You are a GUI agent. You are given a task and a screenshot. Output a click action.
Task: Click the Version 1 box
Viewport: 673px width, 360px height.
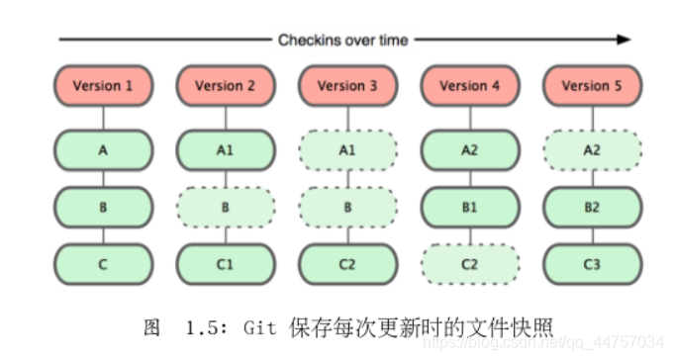103,86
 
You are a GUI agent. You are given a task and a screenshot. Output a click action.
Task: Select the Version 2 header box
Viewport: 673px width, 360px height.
225,86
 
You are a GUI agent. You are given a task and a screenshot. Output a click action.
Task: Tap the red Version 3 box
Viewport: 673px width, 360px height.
347,86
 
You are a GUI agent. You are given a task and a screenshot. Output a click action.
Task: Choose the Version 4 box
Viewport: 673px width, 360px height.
470,86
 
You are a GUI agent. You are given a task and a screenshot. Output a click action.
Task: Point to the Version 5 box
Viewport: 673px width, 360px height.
592,86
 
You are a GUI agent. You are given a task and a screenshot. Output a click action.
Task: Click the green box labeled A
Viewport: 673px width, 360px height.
103,150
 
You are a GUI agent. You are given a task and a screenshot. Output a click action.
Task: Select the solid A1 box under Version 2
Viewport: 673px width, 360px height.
225,150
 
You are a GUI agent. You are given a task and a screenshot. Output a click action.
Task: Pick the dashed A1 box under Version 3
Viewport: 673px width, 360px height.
347,150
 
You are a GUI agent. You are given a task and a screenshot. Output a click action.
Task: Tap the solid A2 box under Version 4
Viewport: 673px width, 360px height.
470,150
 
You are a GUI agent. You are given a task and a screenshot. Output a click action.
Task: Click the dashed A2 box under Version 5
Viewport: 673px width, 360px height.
592,150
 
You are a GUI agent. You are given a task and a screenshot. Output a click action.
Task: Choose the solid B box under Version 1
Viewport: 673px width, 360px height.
103,208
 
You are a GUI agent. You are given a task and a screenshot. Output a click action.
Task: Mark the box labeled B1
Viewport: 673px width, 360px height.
470,208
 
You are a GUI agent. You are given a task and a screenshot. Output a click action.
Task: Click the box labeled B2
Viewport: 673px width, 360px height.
592,208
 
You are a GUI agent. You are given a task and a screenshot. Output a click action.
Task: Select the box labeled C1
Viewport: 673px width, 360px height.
225,264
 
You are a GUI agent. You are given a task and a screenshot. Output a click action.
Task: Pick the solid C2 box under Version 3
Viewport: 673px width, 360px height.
347,264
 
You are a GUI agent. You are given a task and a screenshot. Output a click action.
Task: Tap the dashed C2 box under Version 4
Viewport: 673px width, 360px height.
470,264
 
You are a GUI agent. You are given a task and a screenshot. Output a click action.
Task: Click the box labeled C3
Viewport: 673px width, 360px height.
592,264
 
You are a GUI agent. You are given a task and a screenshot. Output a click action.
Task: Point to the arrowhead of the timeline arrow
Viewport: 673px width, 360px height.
623,40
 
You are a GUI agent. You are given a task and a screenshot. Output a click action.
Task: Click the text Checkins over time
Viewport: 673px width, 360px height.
342,40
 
